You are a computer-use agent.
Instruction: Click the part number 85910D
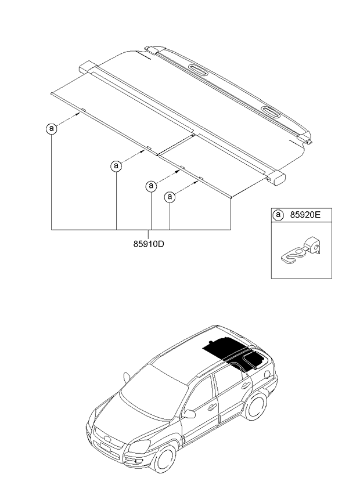pyautogui.click(x=149, y=244)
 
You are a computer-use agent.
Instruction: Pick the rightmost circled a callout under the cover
pyautogui.click(x=170, y=197)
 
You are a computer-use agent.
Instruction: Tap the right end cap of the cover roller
pyautogui.click(x=279, y=178)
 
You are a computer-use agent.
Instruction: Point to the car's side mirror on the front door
pyautogui.click(x=189, y=414)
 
